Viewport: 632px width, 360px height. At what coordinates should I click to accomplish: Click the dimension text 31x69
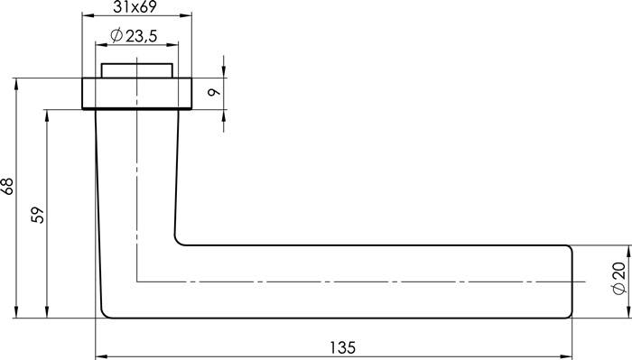[137, 8]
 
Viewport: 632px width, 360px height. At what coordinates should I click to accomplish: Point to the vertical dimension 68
[8, 187]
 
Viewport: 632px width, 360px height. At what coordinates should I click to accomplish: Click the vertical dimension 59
[37, 215]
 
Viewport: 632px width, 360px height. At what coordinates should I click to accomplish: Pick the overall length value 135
[343, 347]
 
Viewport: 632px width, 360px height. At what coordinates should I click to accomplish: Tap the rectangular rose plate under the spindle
[136, 93]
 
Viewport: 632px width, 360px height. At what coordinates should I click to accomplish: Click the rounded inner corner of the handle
[179, 240]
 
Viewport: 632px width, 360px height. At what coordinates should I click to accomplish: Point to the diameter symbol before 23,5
[116, 36]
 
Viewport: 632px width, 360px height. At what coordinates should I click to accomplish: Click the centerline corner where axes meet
[136, 281]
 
